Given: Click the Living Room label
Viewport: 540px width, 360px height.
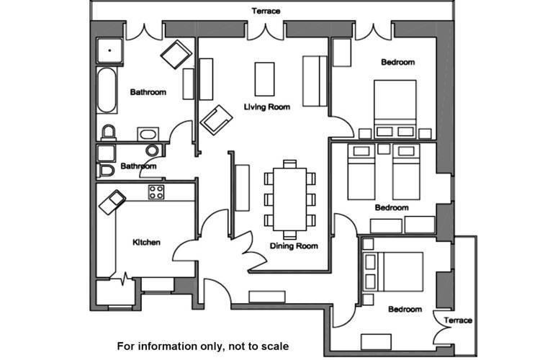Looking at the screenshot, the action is [x=267, y=107].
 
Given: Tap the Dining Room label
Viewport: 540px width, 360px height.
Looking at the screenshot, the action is [x=294, y=246].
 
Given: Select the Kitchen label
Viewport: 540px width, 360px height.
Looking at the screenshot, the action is [x=146, y=242].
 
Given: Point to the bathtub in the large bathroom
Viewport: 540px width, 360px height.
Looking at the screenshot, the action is [x=107, y=90].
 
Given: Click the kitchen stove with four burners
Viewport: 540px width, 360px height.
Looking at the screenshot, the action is [x=156, y=192].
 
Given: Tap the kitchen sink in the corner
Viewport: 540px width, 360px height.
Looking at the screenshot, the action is [x=112, y=202].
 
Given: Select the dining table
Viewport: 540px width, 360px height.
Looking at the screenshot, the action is [x=289, y=199].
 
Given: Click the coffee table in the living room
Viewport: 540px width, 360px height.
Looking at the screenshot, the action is [x=264, y=79].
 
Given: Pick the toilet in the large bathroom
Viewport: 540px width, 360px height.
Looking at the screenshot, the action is [x=109, y=132].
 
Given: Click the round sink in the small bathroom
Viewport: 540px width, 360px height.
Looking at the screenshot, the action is [x=152, y=150].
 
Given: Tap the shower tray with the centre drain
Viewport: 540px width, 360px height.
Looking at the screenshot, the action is [x=109, y=50].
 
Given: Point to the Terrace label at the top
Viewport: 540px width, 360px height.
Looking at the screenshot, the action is [x=266, y=11].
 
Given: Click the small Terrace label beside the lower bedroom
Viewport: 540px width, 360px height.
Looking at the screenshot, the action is [x=458, y=320].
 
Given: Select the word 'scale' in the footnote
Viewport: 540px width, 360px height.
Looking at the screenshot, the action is [x=274, y=346].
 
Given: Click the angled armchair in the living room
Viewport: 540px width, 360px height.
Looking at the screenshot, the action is [x=216, y=120].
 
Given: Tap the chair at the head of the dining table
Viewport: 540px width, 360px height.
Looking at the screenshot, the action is [x=289, y=163].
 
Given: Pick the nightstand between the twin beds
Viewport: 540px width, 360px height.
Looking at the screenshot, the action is [x=384, y=149].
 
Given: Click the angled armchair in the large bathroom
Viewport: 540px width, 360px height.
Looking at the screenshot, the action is [x=176, y=55].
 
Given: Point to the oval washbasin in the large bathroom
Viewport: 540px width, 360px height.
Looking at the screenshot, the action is [x=148, y=134].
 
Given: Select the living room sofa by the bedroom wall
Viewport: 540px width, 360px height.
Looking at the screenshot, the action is [x=315, y=81].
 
